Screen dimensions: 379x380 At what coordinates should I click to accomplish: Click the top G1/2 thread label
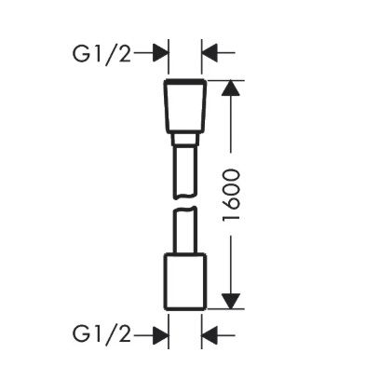click(x=102, y=54)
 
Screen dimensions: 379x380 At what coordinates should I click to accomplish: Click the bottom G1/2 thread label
click(x=102, y=334)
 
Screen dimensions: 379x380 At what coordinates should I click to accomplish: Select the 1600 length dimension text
click(x=232, y=195)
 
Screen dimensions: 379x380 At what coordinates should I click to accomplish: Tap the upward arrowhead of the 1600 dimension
click(x=231, y=88)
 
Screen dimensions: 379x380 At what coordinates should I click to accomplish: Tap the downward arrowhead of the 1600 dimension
click(x=231, y=301)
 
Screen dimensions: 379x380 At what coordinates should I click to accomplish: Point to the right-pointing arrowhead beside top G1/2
click(x=161, y=53)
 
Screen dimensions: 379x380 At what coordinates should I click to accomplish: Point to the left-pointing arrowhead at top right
click(x=210, y=53)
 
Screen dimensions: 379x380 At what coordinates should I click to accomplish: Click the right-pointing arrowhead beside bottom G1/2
click(x=161, y=335)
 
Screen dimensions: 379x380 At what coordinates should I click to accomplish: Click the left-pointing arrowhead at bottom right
click(x=210, y=335)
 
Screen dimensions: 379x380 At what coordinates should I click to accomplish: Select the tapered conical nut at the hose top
click(x=185, y=106)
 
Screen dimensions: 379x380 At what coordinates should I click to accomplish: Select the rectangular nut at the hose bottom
click(x=185, y=281)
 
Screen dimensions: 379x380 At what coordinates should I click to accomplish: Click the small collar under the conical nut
click(x=185, y=140)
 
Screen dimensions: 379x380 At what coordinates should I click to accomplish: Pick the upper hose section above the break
click(x=185, y=171)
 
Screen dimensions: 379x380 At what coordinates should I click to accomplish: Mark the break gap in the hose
click(x=185, y=203)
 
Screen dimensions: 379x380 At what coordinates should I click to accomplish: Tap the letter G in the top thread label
click(x=80, y=54)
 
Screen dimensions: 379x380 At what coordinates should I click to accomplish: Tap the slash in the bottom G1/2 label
click(x=112, y=334)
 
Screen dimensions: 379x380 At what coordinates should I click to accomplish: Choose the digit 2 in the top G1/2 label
click(x=124, y=54)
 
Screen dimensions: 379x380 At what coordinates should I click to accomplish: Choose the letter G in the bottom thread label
click(x=80, y=333)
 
